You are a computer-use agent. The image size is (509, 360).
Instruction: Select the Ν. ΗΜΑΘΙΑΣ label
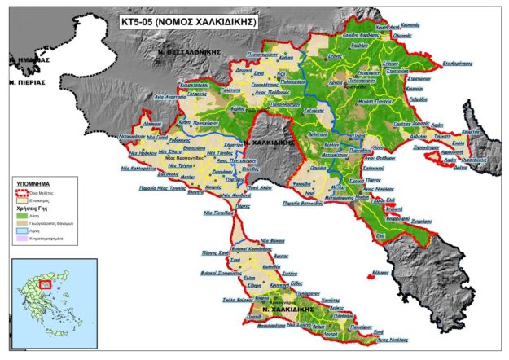coord(29,59)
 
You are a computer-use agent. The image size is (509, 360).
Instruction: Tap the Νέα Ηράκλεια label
coord(138,152)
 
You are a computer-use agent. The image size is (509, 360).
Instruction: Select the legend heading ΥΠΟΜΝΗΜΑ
coord(33,185)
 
